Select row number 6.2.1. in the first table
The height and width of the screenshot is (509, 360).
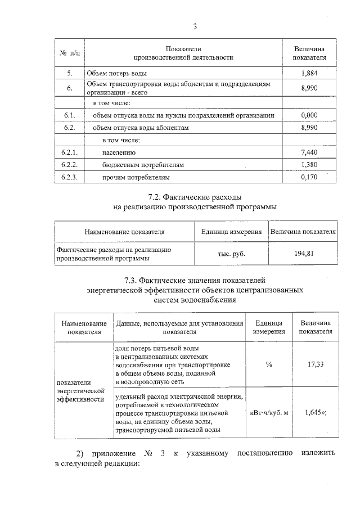point(70,152)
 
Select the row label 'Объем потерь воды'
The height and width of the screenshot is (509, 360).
point(117,74)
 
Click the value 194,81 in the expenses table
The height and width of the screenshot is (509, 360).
point(304,254)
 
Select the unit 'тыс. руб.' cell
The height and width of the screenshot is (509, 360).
point(231,254)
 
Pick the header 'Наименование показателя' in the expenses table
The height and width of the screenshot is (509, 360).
point(124,232)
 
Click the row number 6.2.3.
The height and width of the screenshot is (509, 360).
point(70,178)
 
